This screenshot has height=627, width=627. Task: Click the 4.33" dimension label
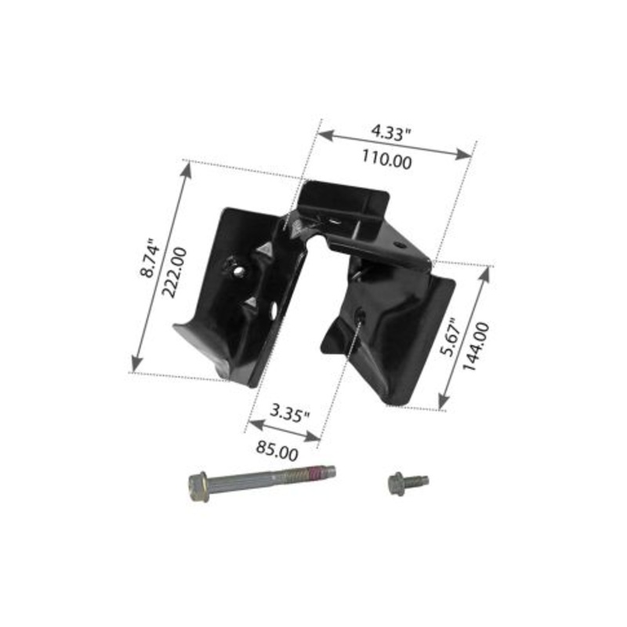click(x=391, y=132)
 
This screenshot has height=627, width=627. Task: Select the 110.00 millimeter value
click(x=386, y=160)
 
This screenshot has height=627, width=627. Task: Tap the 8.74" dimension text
click(x=149, y=259)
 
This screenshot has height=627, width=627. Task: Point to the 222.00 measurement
click(x=174, y=272)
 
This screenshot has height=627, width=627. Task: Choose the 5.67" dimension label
click(x=448, y=337)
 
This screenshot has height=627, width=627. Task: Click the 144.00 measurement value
click(x=476, y=346)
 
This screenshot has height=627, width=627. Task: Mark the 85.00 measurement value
click(x=277, y=451)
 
